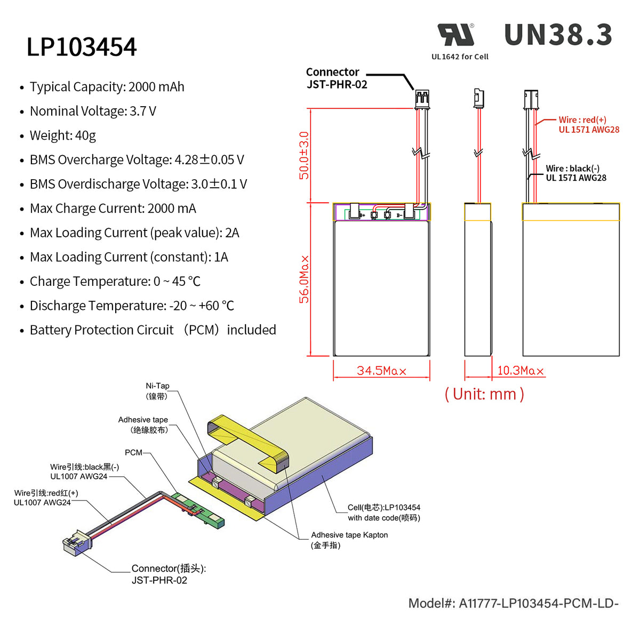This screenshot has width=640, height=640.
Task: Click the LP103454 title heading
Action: (82, 47)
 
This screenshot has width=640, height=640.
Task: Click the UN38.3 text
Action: (558, 35)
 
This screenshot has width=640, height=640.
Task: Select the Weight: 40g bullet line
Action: (62, 135)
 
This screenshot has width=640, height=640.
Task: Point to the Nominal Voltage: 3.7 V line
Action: (93, 111)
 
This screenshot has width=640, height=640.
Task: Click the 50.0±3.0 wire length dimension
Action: (303, 155)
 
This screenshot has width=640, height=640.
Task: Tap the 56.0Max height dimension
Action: (303, 279)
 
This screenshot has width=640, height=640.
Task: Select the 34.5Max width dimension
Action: (381, 371)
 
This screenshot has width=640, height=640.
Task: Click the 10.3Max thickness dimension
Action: (520, 371)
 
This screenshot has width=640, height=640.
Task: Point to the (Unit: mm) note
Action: (484, 394)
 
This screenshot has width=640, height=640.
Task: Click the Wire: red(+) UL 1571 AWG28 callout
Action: (588, 125)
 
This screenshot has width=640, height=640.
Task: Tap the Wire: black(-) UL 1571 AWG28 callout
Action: (575, 173)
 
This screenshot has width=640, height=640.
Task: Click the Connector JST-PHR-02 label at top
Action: (336, 78)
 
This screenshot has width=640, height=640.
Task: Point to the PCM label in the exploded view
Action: (133, 452)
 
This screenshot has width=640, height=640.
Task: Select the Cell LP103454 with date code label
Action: (383, 513)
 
